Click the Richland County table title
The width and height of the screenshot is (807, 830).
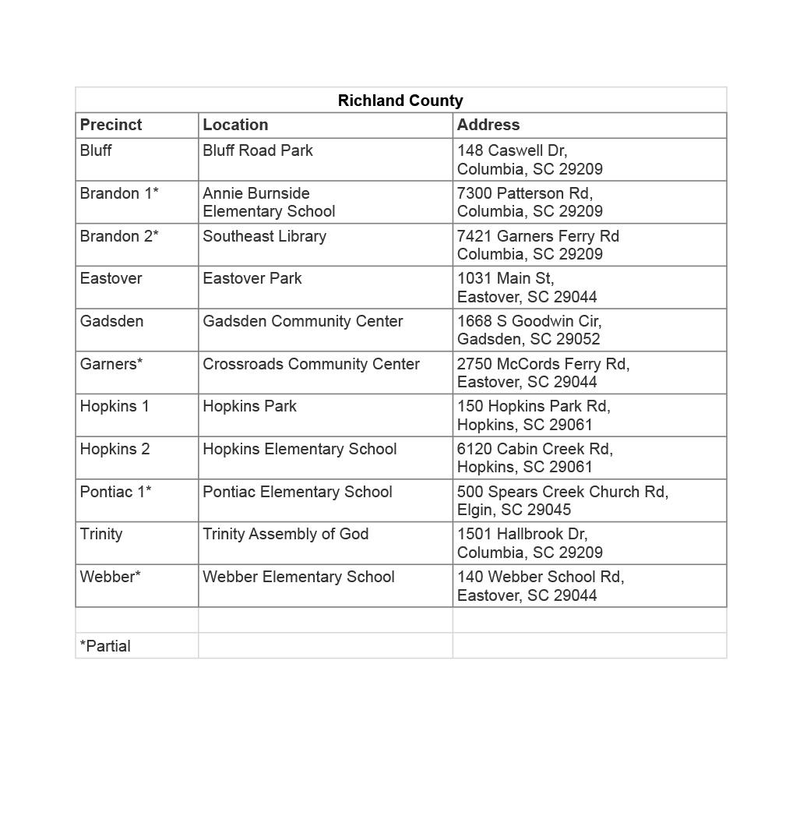coord(400,101)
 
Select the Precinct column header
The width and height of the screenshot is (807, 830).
coord(111,125)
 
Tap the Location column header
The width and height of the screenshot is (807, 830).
coord(235,125)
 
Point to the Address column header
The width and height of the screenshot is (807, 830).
coord(488,125)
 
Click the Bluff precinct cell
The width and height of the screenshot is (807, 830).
coord(96,150)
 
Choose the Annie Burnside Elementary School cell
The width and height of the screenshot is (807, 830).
coord(269,202)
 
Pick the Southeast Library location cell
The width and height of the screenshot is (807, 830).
coord(264,236)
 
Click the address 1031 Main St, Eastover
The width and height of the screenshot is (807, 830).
coord(527,288)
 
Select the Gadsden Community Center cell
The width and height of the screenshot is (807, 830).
coord(303,321)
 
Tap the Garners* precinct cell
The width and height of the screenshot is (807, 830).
coord(111,364)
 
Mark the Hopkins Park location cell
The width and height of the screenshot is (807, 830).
coord(250,406)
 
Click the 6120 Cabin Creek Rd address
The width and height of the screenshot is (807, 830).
coord(535,457)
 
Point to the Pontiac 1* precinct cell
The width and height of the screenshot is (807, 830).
coord(116,492)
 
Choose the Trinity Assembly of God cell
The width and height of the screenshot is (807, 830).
coord(286,534)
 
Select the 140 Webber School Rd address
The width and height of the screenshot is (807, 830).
coord(541,585)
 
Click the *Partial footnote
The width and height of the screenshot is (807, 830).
coord(105,646)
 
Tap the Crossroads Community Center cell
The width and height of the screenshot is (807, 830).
coord(311,364)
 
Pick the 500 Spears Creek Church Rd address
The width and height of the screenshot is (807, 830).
coord(562,500)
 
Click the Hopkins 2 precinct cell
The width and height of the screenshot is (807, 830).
coord(115,449)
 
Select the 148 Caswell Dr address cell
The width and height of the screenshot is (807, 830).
coord(530,160)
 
